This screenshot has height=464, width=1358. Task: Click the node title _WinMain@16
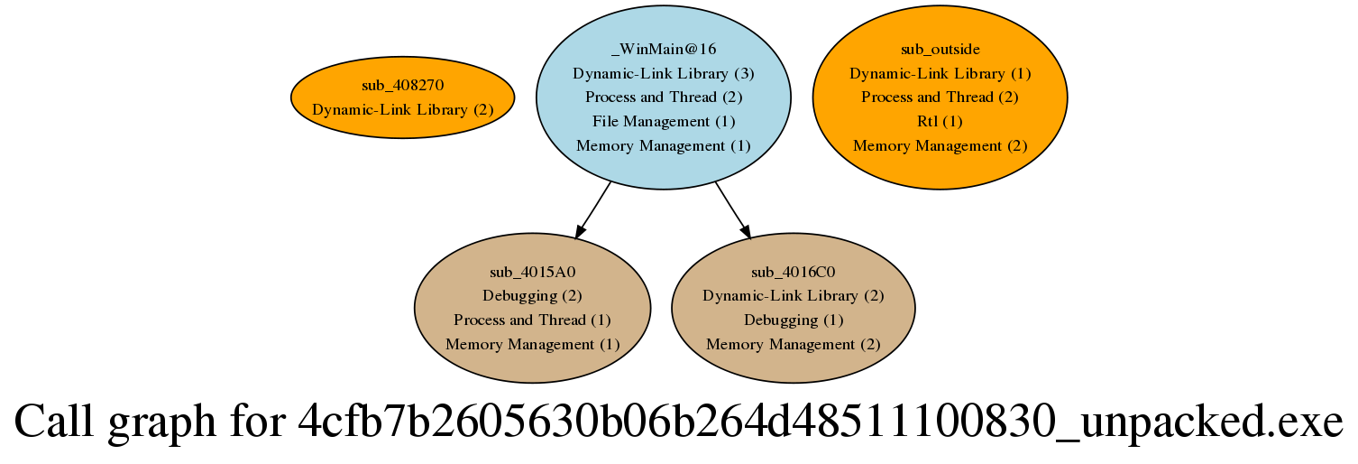pyautogui.click(x=664, y=49)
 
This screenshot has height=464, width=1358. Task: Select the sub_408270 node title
pyautogui.click(x=402, y=86)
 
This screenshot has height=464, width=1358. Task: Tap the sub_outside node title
pyautogui.click(x=941, y=49)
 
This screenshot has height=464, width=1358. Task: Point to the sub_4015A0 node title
pyautogui.click(x=532, y=272)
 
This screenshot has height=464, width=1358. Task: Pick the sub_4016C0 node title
pyautogui.click(x=793, y=272)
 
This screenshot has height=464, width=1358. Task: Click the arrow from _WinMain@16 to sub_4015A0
pyautogui.click(x=593, y=209)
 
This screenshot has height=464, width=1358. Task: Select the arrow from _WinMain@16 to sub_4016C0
pyautogui.click(x=733, y=209)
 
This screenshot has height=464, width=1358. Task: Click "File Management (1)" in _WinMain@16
pyautogui.click(x=664, y=121)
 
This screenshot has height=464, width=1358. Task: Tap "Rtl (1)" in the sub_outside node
pyautogui.click(x=941, y=121)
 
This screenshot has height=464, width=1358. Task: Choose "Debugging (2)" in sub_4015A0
pyautogui.click(x=532, y=296)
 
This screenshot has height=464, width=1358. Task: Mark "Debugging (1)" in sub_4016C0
pyautogui.click(x=793, y=320)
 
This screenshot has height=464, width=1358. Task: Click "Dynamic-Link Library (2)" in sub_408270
pyautogui.click(x=402, y=110)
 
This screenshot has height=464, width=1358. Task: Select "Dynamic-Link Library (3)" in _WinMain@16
pyautogui.click(x=664, y=73)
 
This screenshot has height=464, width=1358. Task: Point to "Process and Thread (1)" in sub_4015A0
pyautogui.click(x=532, y=320)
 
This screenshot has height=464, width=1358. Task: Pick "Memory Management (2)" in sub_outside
pyautogui.click(x=941, y=145)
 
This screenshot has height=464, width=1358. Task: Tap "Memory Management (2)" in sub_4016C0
pyautogui.click(x=793, y=345)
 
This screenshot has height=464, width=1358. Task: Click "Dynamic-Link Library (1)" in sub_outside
pyautogui.click(x=941, y=73)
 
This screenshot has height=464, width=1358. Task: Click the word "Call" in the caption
pyautogui.click(x=54, y=421)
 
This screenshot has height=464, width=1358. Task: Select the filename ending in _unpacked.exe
pyautogui.click(x=821, y=422)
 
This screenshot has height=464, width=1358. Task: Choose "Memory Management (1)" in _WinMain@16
pyautogui.click(x=664, y=145)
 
